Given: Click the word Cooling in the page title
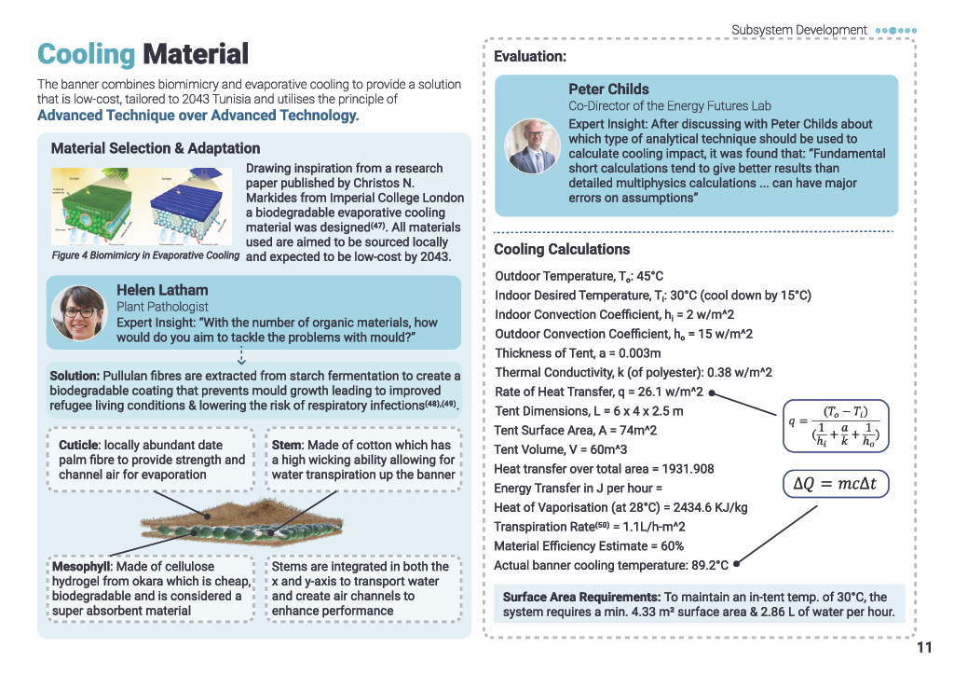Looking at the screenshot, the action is pos(86,54).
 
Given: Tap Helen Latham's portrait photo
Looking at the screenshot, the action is pos(80,313).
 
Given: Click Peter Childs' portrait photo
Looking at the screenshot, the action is pos(532,146).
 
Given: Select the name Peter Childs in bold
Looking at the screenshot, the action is pos(608,89).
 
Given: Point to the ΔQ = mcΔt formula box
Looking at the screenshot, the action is pos(836,484).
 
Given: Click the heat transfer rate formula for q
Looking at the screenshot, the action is pos(836,426).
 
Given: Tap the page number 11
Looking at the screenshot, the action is pos(924,648).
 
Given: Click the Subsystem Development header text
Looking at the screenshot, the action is pos(798,30).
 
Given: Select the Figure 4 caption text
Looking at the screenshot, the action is pos(145,255).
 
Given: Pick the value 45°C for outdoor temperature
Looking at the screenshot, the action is pos(649,276).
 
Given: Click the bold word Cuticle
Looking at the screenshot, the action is pos(78,445).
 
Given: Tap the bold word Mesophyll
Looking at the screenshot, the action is pos(81,567).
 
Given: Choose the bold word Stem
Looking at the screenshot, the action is pos(286,445).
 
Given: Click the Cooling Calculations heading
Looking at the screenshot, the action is pos(562,249).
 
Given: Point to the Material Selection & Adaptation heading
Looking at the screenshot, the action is pos(156,148).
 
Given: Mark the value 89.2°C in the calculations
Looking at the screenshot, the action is pos(709,565).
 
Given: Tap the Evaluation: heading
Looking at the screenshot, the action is pos(530,57).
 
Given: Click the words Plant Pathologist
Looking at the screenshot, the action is pos(162,307).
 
